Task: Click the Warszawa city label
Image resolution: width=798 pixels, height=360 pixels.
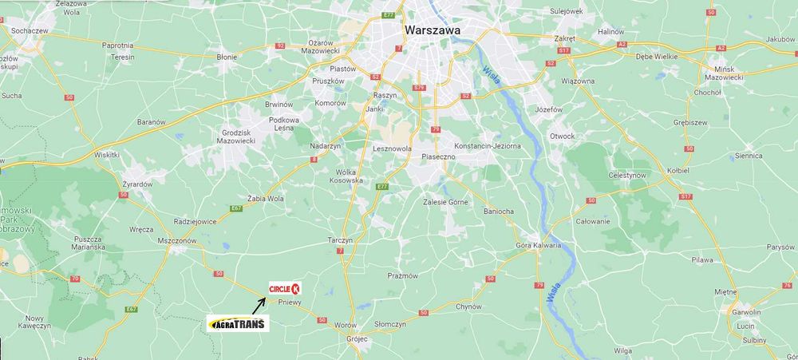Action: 435,30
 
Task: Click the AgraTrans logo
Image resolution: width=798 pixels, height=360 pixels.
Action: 238,323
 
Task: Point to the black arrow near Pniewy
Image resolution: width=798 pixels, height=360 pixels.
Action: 259,304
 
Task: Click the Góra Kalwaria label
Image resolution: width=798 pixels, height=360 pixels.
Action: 539,245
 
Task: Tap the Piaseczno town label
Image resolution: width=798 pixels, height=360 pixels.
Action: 438,156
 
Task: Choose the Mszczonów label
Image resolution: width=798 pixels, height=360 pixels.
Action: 177,240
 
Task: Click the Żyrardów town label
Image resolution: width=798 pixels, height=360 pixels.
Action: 136,184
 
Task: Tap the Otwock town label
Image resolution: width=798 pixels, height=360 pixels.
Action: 562,136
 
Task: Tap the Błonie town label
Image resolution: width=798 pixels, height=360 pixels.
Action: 227,57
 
